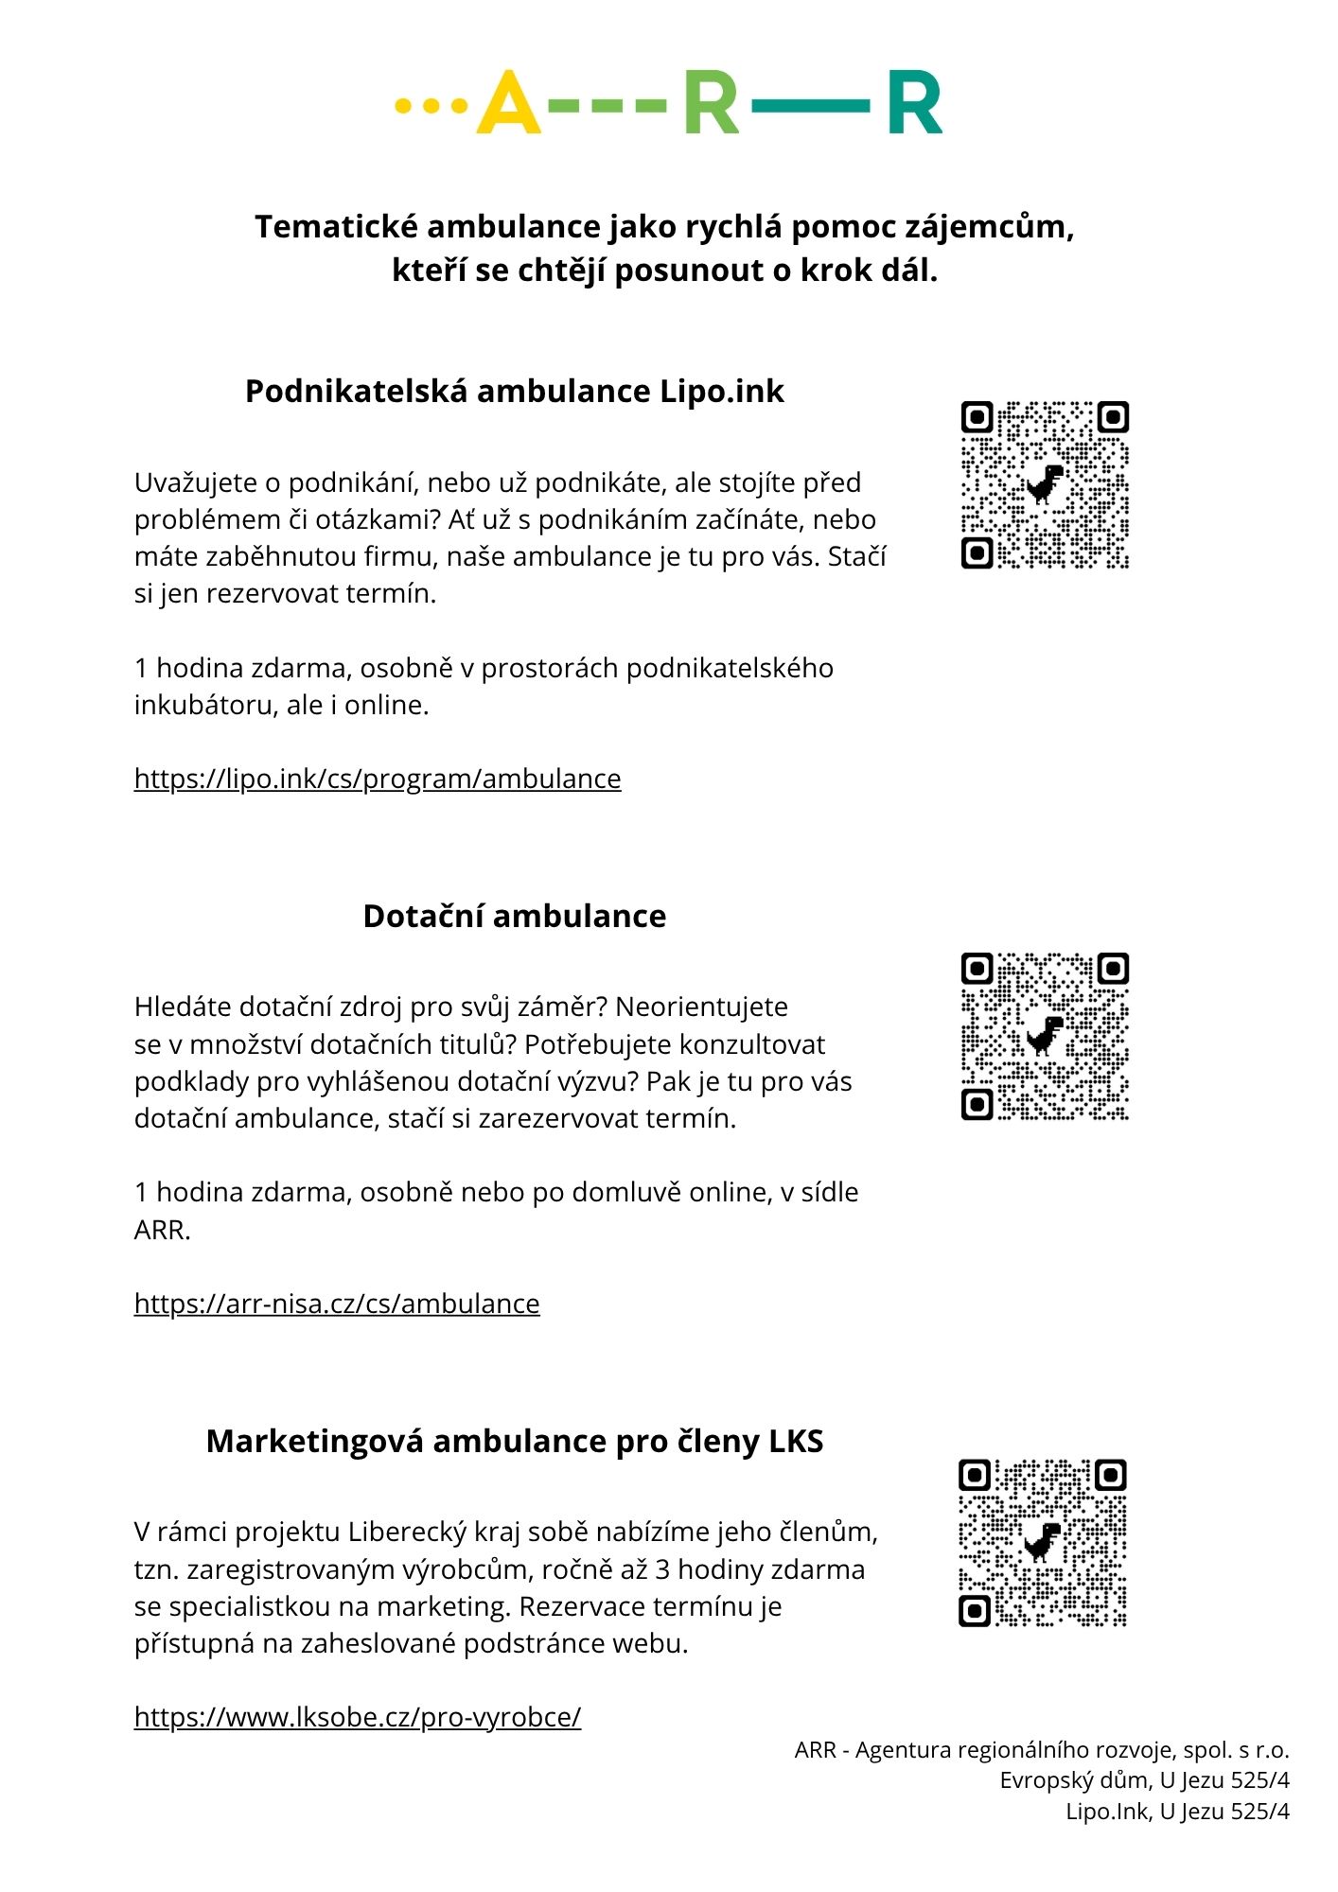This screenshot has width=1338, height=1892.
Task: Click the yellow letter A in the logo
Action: (508, 103)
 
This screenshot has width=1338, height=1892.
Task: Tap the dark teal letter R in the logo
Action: (914, 103)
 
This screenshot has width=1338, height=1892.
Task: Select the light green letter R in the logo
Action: (711, 103)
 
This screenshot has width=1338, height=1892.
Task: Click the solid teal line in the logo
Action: (811, 104)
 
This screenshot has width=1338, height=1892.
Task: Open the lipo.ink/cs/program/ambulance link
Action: (378, 779)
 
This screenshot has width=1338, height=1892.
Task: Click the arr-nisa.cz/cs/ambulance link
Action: (337, 1304)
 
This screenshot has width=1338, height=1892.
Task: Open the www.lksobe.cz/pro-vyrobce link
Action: (358, 1717)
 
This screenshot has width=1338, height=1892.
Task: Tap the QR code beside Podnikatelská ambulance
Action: (1045, 484)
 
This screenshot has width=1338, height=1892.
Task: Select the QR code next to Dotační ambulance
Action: (1045, 1036)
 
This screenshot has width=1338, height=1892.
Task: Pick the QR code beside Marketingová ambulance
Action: (1043, 1543)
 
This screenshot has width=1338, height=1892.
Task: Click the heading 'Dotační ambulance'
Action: (515, 916)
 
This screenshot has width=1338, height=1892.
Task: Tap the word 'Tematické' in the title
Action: (336, 227)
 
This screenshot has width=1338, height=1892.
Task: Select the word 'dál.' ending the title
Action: (908, 271)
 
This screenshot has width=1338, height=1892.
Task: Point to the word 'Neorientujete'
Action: (701, 1007)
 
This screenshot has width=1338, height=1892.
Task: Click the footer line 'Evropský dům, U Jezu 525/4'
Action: (1144, 1780)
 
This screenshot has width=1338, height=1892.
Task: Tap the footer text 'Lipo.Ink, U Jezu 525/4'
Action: (1177, 1812)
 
